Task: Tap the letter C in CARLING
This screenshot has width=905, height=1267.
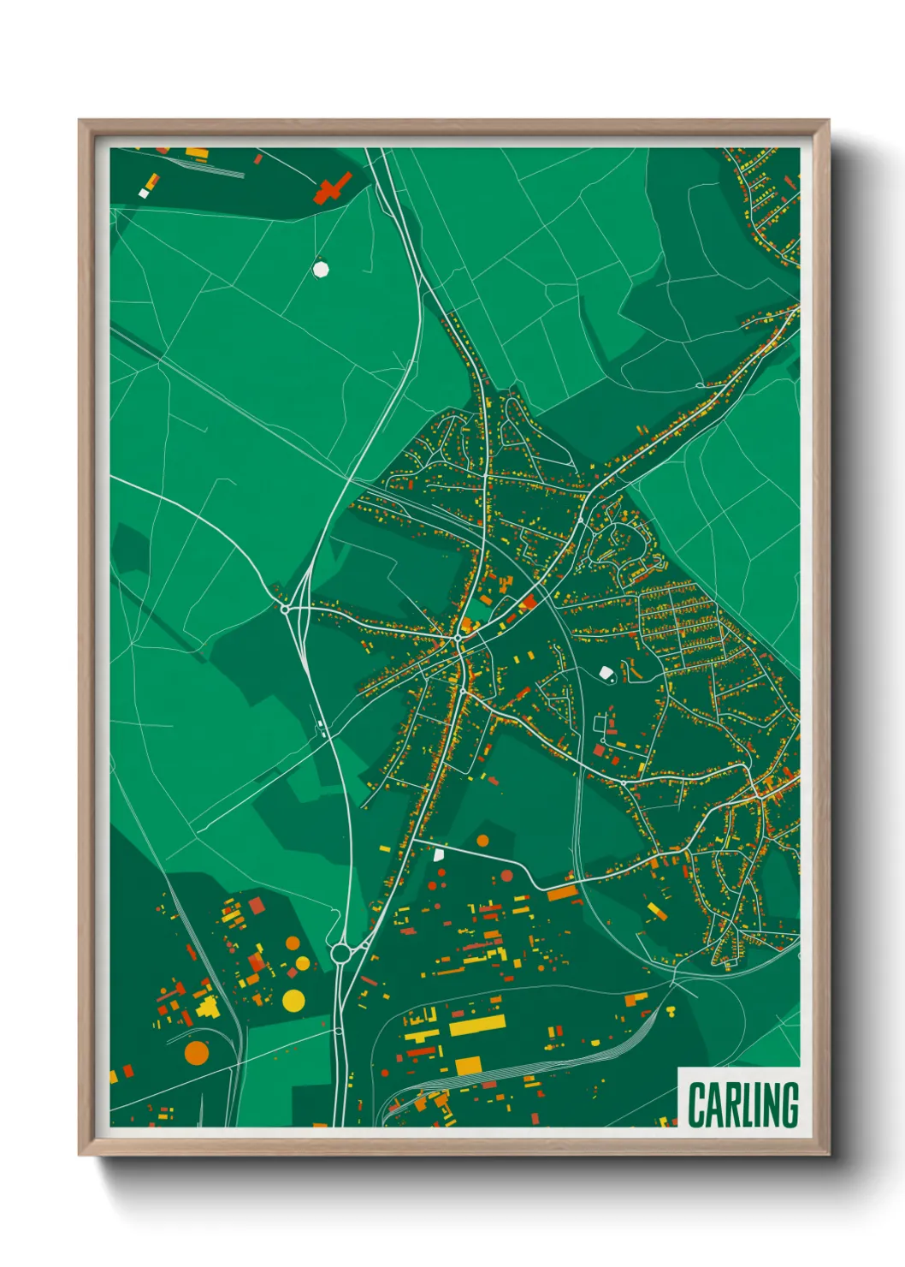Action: tap(695, 1105)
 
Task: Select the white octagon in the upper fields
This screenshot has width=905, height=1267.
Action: tap(321, 269)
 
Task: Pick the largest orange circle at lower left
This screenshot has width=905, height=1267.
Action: tap(196, 1052)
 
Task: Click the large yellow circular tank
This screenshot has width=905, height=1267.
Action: tap(293, 1000)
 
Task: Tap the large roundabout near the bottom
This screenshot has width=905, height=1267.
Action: tap(341, 952)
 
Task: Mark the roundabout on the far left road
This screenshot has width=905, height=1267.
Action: tap(285, 609)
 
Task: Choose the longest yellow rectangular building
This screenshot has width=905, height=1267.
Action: tap(476, 1025)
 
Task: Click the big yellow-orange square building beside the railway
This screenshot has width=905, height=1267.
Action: tap(468, 1065)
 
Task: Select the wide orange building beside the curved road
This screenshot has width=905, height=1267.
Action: tap(563, 894)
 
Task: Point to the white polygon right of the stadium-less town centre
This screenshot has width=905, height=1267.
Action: tap(607, 674)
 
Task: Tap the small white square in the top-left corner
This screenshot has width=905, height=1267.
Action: tap(144, 193)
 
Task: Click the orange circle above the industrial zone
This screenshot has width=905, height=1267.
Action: tap(482, 841)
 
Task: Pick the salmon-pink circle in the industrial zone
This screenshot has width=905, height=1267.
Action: tap(506, 875)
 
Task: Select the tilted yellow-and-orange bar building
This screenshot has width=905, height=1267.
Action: tap(657, 911)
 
